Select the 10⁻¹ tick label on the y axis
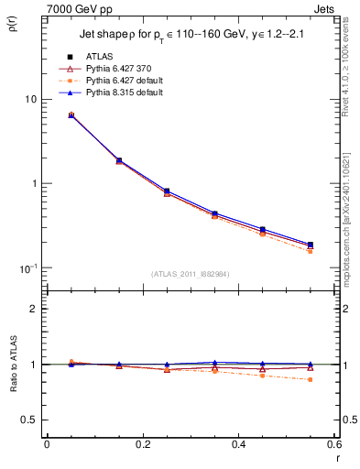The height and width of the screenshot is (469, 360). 27,267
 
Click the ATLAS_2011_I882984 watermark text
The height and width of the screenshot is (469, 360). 191,274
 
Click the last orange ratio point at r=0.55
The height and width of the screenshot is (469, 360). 311,379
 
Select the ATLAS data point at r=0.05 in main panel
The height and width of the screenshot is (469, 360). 71,115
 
